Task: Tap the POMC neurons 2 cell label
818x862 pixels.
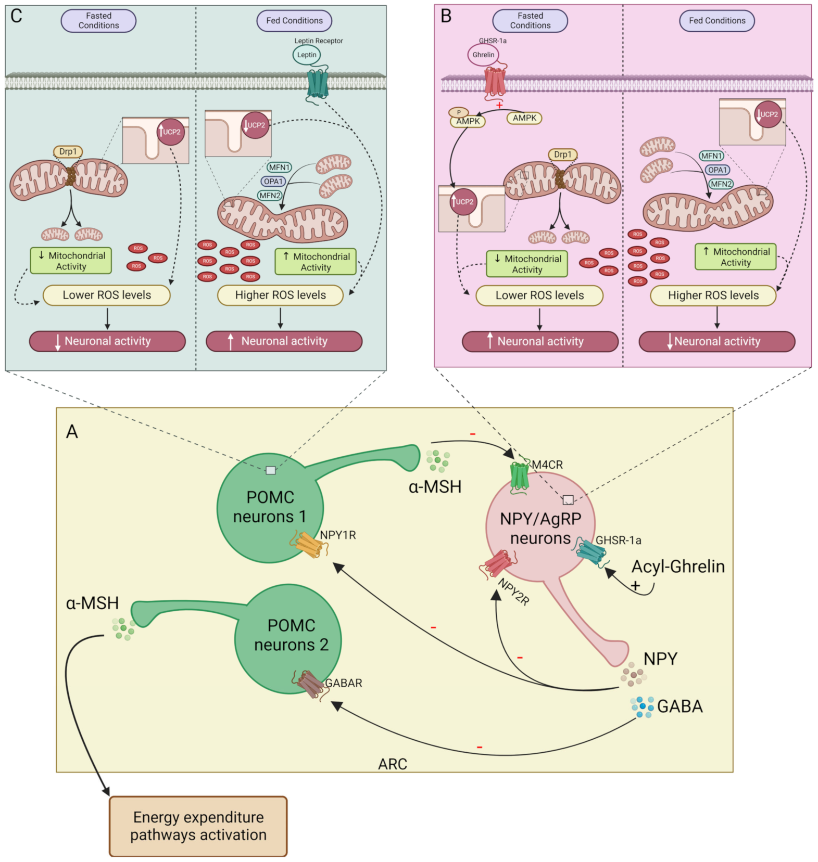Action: pos(291,635)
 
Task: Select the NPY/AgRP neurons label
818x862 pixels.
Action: pos(540,528)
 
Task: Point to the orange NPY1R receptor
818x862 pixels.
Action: pos(309,545)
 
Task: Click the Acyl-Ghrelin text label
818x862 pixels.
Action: pos(677,566)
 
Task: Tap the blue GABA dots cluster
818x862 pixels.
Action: pos(642,706)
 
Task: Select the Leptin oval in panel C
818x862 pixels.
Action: pos(307,55)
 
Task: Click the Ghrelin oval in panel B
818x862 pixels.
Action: pos(483,55)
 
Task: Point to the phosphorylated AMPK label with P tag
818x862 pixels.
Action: pos(467,119)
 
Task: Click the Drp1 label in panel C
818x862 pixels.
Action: pos(68,151)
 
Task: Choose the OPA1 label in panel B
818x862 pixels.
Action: pos(718,170)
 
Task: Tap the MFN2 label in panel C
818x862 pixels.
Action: pos(270,196)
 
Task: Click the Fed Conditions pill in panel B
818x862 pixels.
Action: pos(716,21)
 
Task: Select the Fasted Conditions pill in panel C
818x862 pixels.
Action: pos(98,21)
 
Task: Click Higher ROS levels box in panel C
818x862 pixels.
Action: pos(280,295)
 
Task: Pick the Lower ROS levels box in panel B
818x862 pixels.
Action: pos(539,295)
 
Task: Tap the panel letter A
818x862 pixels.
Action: pos(72,431)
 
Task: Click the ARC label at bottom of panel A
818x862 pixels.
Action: pos(393,764)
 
